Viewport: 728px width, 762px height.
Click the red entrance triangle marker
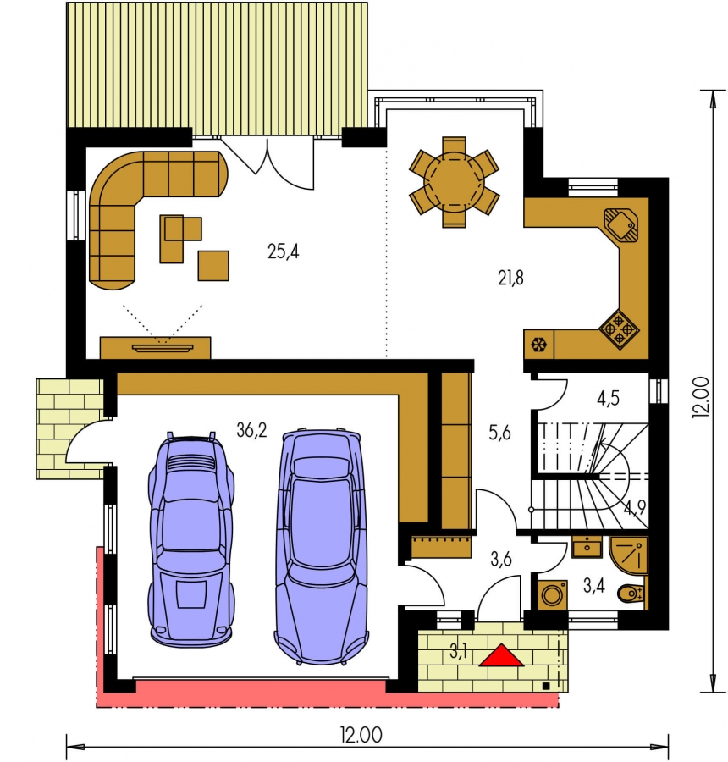[x=501, y=655]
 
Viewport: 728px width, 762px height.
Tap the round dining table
[x=455, y=182]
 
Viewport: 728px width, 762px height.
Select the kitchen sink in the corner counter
[x=621, y=224]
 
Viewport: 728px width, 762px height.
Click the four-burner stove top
[x=619, y=329]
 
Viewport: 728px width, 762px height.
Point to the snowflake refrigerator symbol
[x=539, y=345]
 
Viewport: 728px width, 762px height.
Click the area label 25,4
[x=283, y=251]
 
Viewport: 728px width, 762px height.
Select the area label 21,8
[x=510, y=278]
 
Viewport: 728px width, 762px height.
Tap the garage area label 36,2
[x=251, y=430]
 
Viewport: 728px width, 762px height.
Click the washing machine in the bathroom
[x=552, y=594]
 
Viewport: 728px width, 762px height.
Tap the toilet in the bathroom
[x=631, y=593]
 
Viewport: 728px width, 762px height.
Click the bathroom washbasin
[x=587, y=547]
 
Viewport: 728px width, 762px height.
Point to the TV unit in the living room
[x=155, y=348]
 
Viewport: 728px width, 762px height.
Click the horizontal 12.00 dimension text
[x=361, y=735]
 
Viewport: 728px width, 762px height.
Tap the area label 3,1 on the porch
[x=458, y=652]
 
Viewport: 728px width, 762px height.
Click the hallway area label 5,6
[x=499, y=432]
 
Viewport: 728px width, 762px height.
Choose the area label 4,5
[x=608, y=399]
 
